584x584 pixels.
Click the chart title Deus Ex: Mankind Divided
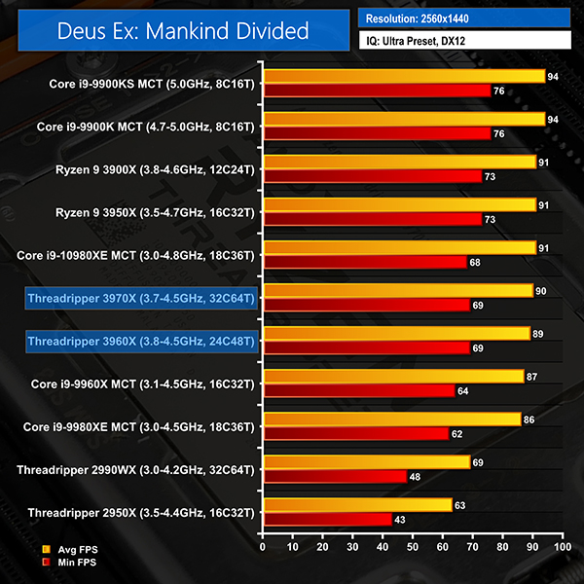pyautogui.click(x=175, y=31)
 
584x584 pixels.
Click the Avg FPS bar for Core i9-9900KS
pyautogui.click(x=403, y=76)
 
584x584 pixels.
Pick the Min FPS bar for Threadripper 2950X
pyautogui.click(x=327, y=520)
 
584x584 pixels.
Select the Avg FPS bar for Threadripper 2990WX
pyautogui.click(x=366, y=461)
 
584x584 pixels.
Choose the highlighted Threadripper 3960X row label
pyautogui.click(x=141, y=341)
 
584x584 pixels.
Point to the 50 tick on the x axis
pyautogui.click(x=413, y=548)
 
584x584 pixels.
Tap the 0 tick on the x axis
pyautogui.click(x=263, y=548)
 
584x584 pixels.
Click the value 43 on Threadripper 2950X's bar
pyautogui.click(x=399, y=520)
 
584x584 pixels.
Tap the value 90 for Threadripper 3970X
pyautogui.click(x=541, y=290)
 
